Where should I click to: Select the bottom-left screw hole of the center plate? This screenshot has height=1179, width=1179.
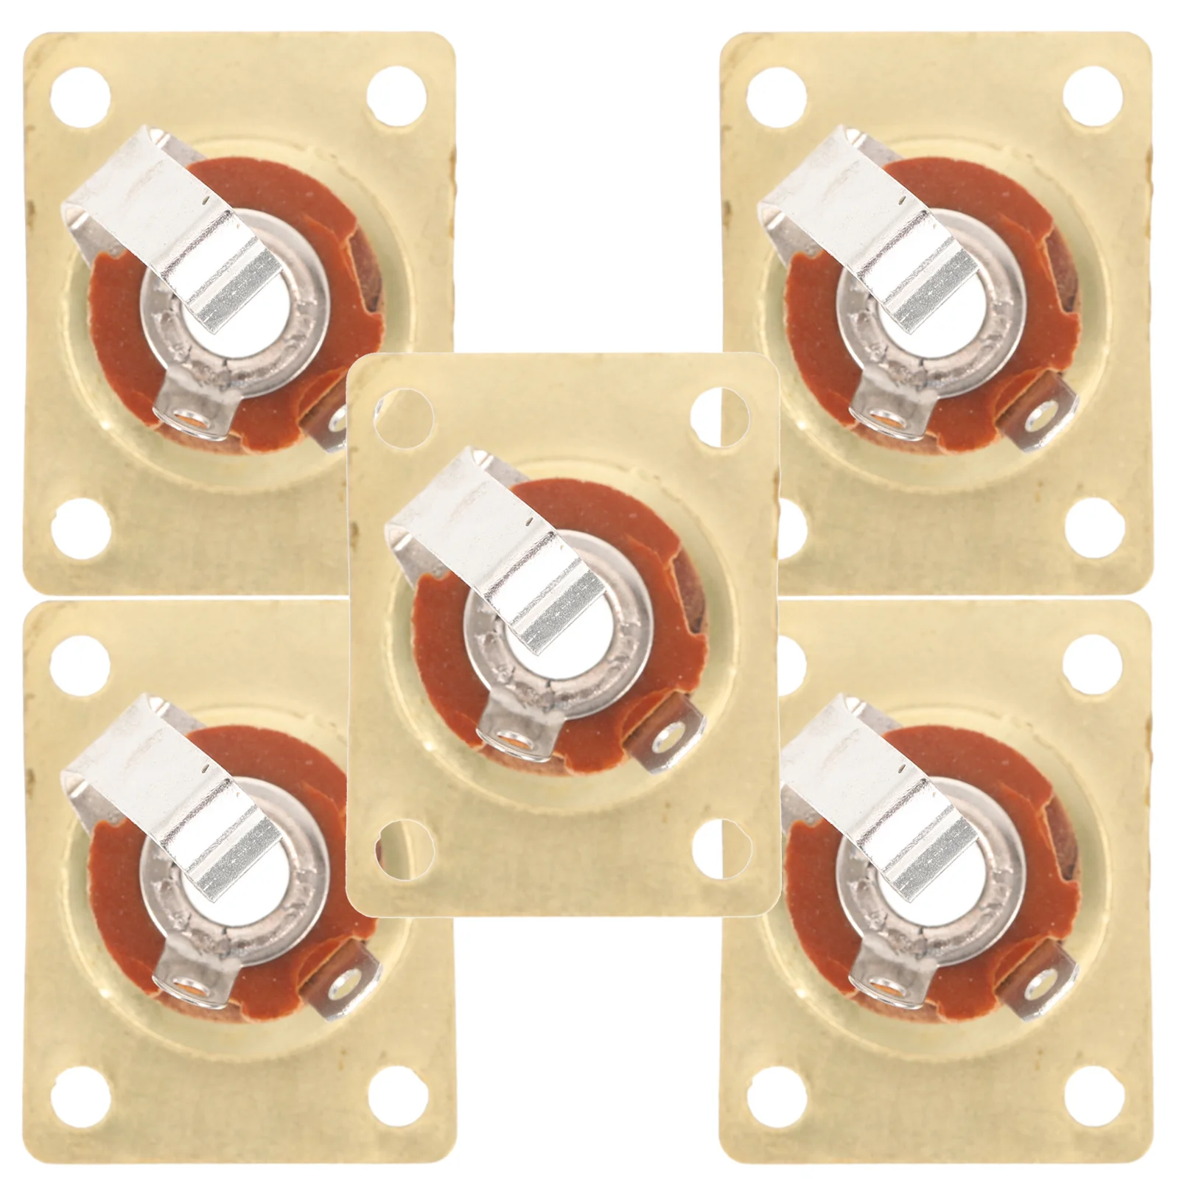coord(397,839)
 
